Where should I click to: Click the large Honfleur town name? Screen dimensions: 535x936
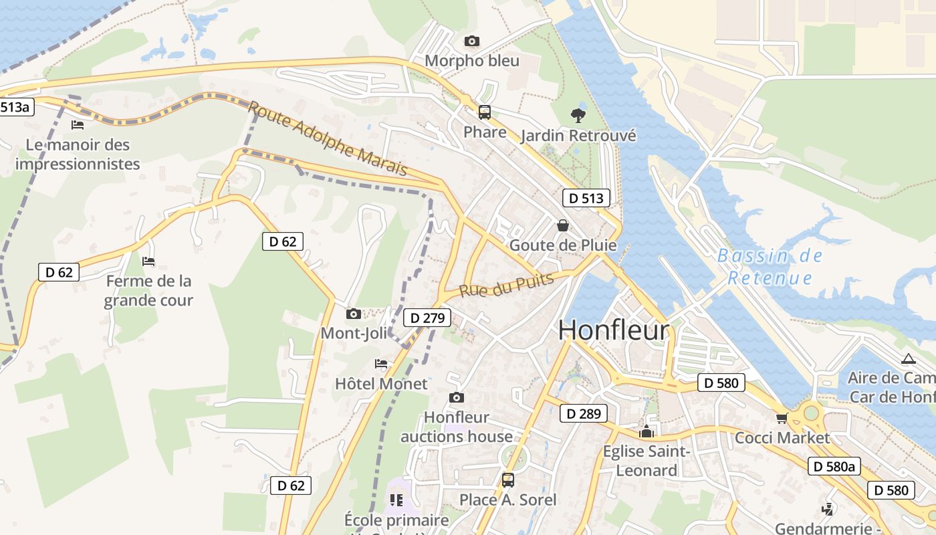pos(613,330)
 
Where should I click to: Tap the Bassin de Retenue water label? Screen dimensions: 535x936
pos(770,267)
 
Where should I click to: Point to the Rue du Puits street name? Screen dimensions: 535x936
pos(507,284)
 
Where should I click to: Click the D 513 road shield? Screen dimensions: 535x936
pos(586,198)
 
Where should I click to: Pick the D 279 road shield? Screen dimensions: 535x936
pos(427,318)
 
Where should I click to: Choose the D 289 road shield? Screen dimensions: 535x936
pos(583,414)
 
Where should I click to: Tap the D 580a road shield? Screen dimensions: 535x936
pos(833,467)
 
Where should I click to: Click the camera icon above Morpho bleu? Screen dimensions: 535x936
pos(471,41)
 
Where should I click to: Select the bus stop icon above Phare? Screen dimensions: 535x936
pos(485,112)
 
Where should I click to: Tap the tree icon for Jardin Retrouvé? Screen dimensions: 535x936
pos(578,116)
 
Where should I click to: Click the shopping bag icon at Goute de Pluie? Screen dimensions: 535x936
pos(563,225)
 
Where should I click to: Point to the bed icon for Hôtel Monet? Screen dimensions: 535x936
pos(381,364)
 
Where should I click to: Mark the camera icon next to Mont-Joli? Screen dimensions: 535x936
pos(353,314)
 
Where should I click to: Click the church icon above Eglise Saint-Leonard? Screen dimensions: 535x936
pos(646,432)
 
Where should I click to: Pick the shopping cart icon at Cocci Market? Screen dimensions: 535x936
pos(782,419)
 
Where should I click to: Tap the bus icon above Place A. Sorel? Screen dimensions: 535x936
pos(507,479)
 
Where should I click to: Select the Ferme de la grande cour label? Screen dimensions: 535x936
pos(148,291)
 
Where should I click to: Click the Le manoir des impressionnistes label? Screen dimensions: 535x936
pos(78,154)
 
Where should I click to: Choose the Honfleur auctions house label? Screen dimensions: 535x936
pos(457,427)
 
